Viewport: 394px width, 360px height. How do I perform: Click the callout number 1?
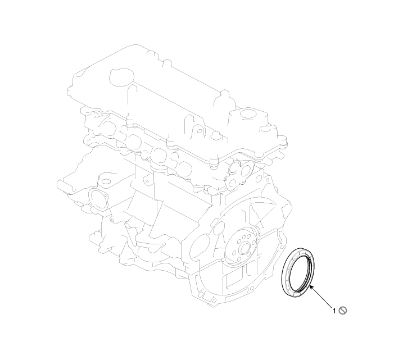click(x=334, y=311)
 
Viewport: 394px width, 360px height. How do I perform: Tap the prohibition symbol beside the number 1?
click(x=343, y=311)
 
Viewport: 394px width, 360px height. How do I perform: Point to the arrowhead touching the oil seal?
click(x=311, y=288)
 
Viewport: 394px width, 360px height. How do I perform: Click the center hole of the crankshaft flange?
click(x=244, y=249)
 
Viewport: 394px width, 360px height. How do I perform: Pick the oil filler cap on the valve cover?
click(x=121, y=76)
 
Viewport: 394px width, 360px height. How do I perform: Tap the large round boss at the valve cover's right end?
click(x=249, y=114)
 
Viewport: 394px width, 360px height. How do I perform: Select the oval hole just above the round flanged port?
click(x=106, y=181)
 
